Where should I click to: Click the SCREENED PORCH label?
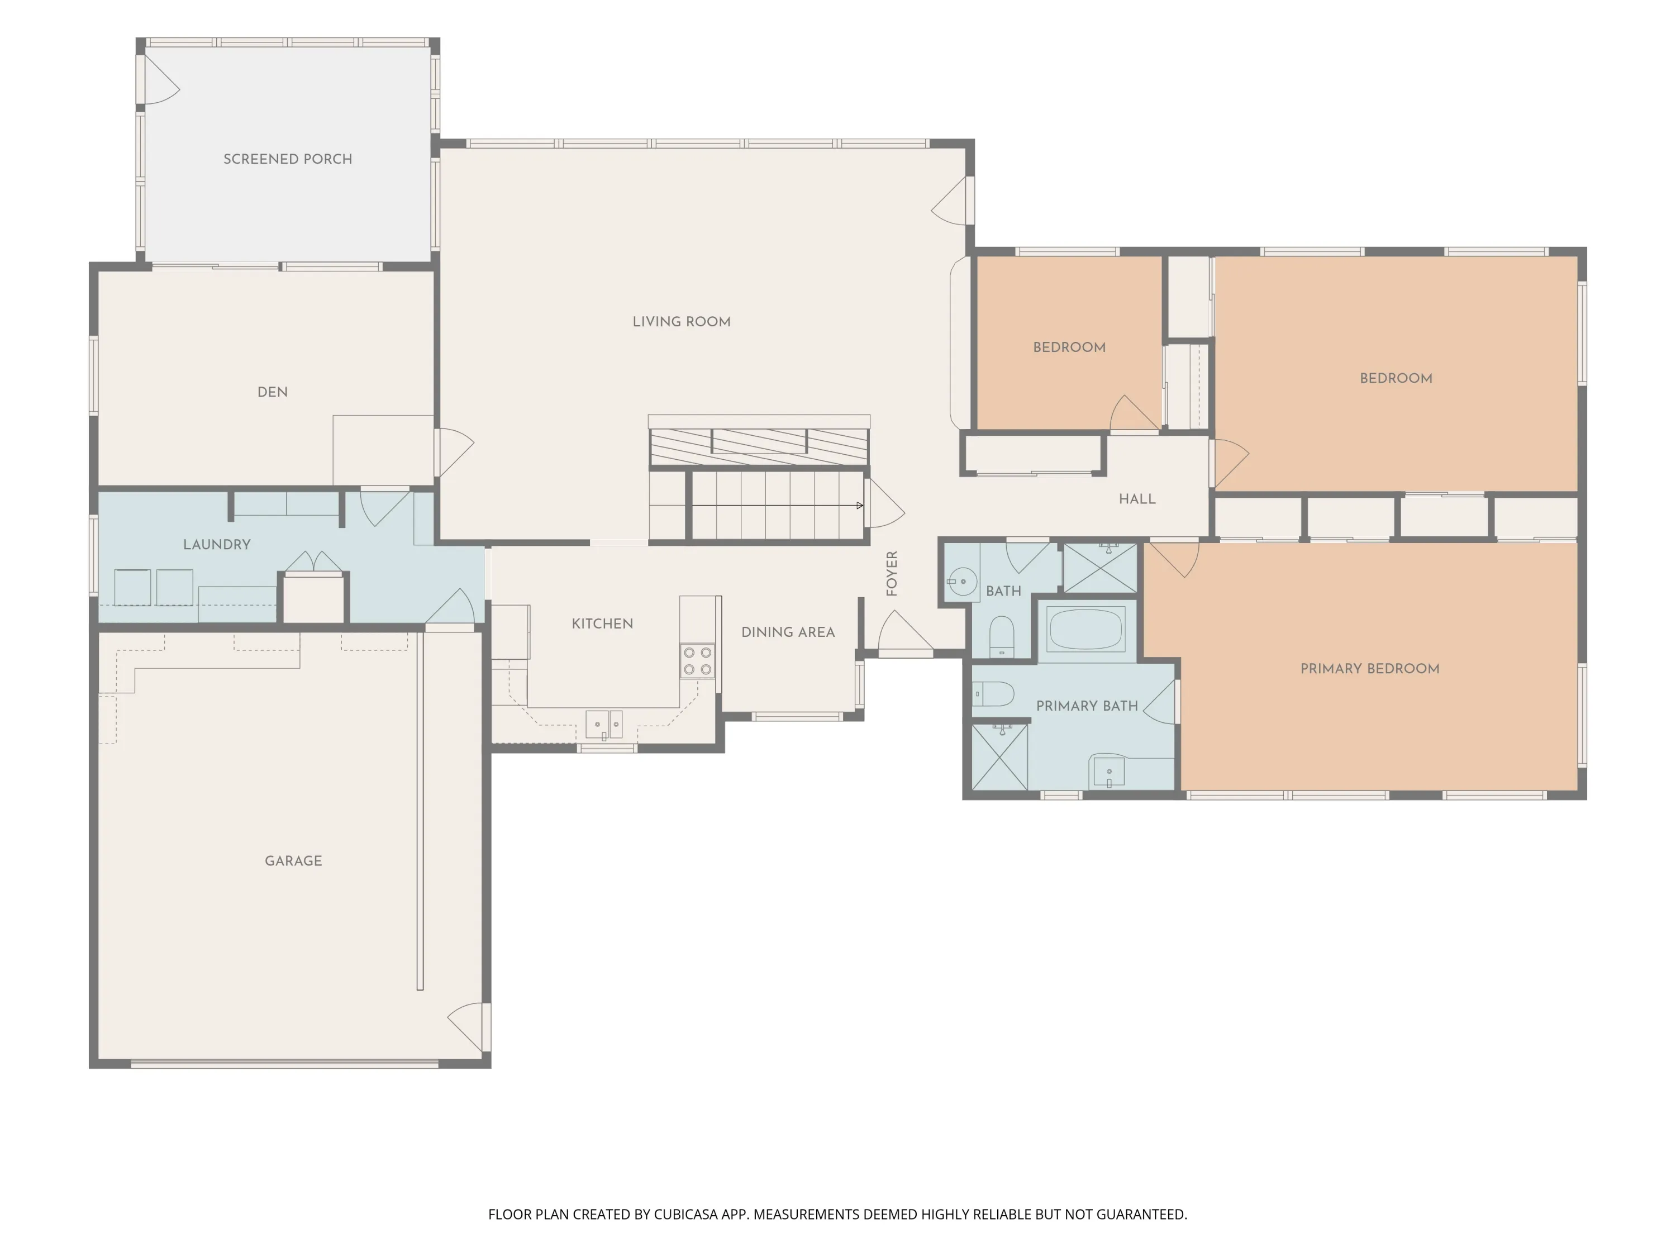(288, 159)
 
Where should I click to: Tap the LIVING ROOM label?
(682, 321)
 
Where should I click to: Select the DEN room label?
(273, 392)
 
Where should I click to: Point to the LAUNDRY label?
(217, 544)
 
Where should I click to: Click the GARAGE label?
(293, 861)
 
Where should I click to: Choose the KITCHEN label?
(602, 623)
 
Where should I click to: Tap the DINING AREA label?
(788, 632)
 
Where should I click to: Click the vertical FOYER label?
(892, 574)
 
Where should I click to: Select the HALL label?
(1137, 498)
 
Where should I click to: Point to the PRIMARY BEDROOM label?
(1370, 668)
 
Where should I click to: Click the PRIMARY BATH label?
(1087, 706)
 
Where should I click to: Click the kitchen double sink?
(604, 725)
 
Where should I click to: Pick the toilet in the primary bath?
(993, 693)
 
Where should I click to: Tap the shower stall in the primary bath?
(999, 757)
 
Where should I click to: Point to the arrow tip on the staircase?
(862, 506)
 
